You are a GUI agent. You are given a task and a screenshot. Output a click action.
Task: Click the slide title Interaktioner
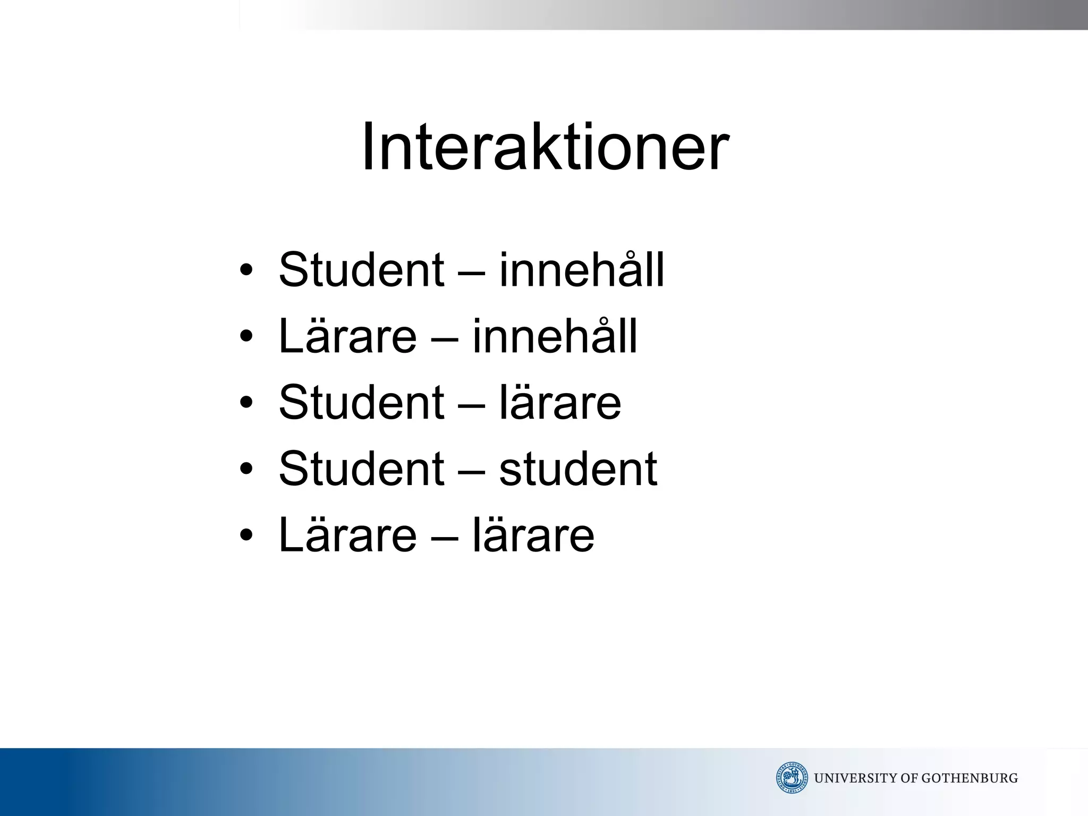[545, 147]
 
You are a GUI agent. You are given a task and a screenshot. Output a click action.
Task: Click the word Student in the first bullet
[361, 270]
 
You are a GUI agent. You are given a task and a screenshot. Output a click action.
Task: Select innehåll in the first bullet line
[582, 270]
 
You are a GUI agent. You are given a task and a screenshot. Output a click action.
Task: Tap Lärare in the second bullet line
[347, 336]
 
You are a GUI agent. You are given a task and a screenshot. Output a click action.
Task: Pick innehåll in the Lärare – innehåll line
[555, 336]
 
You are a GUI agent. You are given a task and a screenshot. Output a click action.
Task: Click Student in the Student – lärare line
[361, 402]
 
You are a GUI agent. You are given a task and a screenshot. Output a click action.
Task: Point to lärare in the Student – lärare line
[560, 402]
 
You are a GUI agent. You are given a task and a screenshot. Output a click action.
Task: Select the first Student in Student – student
[361, 469]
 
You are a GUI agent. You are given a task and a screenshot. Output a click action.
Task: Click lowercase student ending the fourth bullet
[578, 469]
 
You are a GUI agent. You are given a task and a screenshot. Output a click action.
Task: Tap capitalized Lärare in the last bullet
[347, 535]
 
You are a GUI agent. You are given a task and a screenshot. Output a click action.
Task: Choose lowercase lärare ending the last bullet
[533, 535]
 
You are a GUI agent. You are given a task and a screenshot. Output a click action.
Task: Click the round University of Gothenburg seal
[792, 778]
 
